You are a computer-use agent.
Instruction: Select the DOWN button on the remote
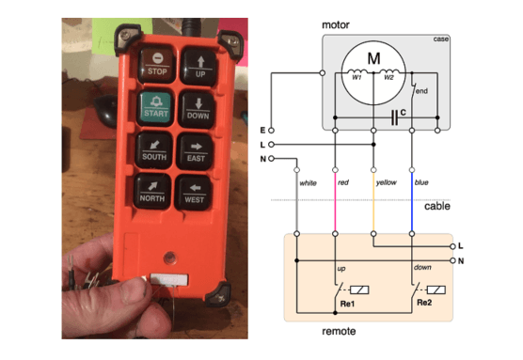198,107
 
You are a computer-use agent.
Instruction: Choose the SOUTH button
153,149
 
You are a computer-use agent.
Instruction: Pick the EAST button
196,149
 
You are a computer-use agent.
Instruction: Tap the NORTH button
153,191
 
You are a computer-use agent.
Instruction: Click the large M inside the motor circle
373,59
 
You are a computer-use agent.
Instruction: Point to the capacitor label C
403,113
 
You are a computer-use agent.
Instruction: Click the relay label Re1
347,305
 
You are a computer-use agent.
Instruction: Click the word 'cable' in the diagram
437,207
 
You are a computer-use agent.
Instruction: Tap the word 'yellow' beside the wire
387,181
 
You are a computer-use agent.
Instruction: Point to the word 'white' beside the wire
309,181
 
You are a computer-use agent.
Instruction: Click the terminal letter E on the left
262,129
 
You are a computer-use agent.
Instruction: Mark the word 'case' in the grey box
440,39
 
